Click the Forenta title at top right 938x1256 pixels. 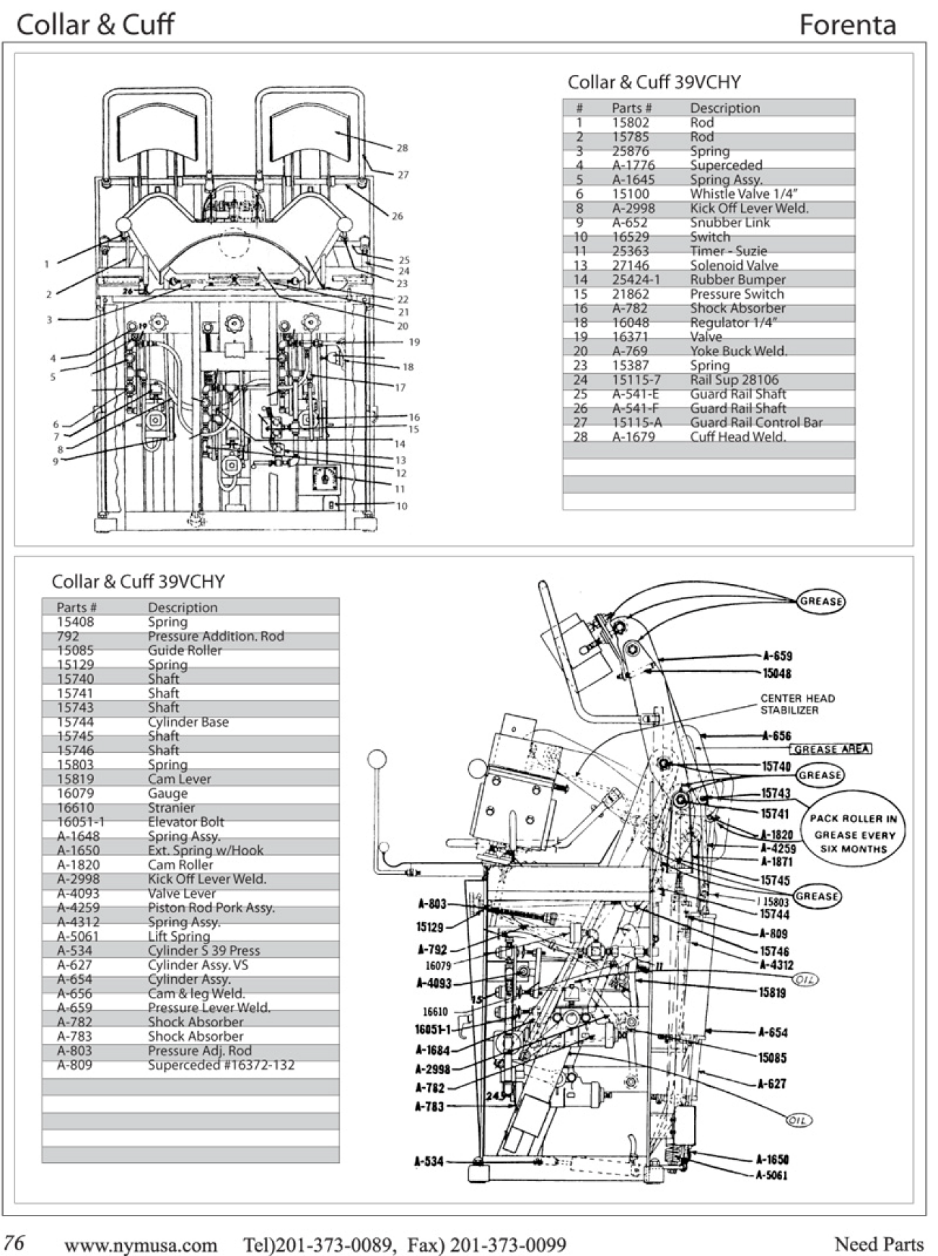tap(847, 25)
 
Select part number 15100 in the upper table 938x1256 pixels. tap(631, 193)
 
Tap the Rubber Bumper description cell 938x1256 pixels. tap(737, 279)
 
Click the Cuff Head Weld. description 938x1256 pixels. tap(737, 437)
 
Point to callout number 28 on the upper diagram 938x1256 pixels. tap(402, 148)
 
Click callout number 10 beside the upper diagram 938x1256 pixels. tap(402, 506)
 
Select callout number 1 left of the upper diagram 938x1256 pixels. tap(47, 264)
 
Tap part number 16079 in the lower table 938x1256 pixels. tap(75, 793)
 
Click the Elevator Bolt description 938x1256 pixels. tap(185, 822)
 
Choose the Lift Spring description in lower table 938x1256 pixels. tap(178, 936)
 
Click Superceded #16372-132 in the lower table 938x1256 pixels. tap(221, 1065)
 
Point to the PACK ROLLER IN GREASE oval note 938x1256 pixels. tap(853, 834)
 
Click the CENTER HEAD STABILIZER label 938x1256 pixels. tap(797, 704)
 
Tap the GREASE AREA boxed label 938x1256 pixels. tap(831, 749)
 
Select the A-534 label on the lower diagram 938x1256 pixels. tap(429, 1161)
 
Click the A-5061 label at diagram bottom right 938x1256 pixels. tap(771, 1175)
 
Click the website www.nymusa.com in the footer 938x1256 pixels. tap(141, 1244)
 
